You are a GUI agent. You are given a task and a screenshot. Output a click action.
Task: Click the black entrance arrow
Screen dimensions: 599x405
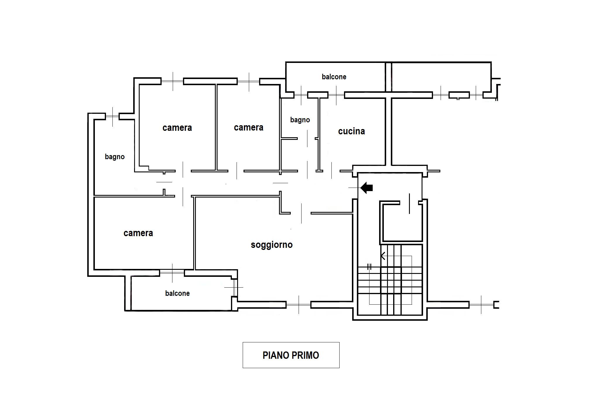[367, 188]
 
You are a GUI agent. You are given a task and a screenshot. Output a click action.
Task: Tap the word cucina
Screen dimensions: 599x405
[351, 131]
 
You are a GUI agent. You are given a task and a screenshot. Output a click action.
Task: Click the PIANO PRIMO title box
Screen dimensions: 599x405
[291, 355]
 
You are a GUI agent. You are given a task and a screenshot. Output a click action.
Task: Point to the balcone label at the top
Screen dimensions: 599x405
[334, 77]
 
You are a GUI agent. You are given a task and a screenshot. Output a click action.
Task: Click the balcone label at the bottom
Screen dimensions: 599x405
[177, 293]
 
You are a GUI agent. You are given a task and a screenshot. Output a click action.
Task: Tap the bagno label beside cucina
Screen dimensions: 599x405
[300, 120]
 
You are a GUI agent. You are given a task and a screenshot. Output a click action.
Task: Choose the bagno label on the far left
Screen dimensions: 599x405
[115, 157]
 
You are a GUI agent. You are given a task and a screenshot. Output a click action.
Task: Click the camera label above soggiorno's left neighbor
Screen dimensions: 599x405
[138, 233]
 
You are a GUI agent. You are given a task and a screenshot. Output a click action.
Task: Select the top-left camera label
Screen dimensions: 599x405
[177, 128]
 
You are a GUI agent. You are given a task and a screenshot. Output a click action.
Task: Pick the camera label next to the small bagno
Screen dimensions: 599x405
[249, 128]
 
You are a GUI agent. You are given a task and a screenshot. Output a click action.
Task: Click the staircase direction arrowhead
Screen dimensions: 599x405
[383, 256]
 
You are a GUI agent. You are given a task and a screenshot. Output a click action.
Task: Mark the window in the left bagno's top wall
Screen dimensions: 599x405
[112, 116]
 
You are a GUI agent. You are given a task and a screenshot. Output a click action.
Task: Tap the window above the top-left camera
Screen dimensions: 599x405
[172, 81]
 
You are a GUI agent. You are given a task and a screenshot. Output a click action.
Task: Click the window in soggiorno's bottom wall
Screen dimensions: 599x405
[298, 305]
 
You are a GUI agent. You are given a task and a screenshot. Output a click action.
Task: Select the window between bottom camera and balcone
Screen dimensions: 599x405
[172, 273]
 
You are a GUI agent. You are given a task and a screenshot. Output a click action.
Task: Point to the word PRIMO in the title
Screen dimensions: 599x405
[304, 355]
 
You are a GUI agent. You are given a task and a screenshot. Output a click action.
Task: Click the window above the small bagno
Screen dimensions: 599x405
[301, 95]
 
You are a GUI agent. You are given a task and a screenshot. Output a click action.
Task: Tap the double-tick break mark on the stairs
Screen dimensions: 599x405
[369, 267]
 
